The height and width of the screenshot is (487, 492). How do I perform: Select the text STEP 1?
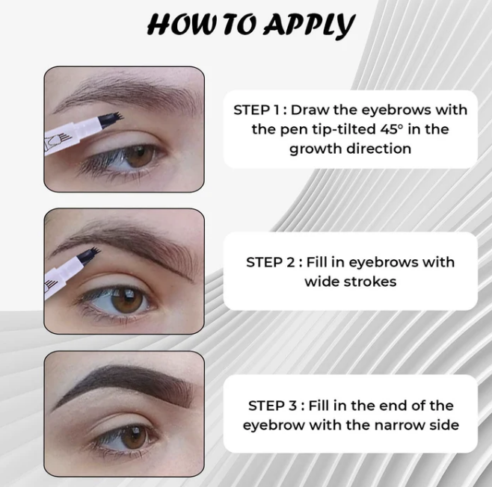pos(256,110)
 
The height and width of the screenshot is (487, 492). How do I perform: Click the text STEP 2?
pos(270,262)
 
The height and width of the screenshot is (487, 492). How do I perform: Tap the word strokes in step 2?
pos(370,282)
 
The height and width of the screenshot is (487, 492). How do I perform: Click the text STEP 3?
pos(272,406)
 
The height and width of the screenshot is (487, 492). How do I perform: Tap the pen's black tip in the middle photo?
pos(88,255)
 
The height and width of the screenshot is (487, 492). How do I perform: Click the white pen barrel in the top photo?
pos(72,135)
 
